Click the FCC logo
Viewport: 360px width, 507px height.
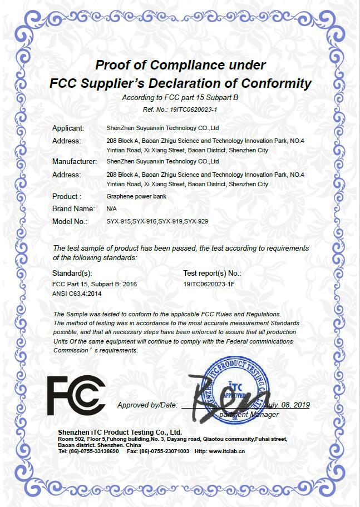(x=76, y=395)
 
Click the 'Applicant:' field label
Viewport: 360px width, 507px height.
(x=68, y=128)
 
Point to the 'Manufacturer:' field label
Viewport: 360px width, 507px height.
(x=75, y=162)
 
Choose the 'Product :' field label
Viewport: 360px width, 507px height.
(x=67, y=196)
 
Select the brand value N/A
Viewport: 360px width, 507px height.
(x=111, y=209)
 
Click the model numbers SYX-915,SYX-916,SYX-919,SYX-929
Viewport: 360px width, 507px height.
(x=157, y=221)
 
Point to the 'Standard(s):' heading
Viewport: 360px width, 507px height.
(x=72, y=273)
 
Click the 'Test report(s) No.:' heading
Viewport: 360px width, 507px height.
(x=212, y=273)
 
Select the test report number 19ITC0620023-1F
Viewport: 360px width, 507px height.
(x=209, y=284)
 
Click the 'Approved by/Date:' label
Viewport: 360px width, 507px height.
(x=147, y=405)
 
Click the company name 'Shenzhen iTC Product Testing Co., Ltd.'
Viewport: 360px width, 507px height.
(x=120, y=432)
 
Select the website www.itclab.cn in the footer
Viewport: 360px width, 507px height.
(x=226, y=451)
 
